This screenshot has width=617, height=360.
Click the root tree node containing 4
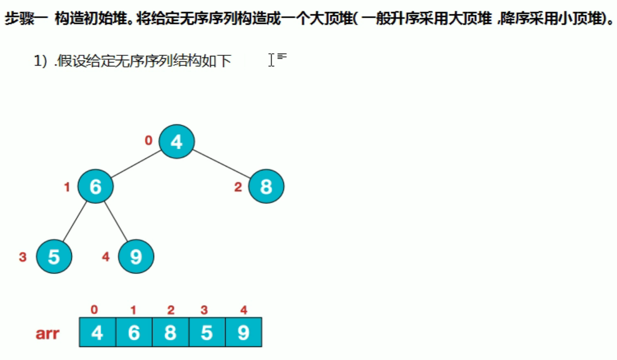tap(176, 142)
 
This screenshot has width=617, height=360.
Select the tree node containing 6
tap(95, 187)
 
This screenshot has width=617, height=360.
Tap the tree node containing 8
tap(266, 187)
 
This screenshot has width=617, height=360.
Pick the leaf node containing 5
tap(54, 256)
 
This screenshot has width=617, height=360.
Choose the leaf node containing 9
tap(136, 256)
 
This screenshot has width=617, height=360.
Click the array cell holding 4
tap(98, 333)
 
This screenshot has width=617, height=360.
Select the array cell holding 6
tap(134, 333)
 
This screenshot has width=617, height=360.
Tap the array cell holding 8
tap(170, 333)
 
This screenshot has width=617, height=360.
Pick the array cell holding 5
tap(207, 333)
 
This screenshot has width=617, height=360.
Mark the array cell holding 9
tap(243, 333)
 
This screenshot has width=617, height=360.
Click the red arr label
tap(47, 333)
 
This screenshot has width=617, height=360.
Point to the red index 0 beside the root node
tap(148, 141)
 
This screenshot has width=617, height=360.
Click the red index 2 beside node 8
tap(238, 187)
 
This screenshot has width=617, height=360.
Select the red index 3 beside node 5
tap(22, 257)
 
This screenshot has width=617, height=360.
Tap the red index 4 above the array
tap(243, 311)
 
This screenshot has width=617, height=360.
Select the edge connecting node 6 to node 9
tap(115, 221)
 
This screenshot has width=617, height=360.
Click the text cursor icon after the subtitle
tap(271, 60)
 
